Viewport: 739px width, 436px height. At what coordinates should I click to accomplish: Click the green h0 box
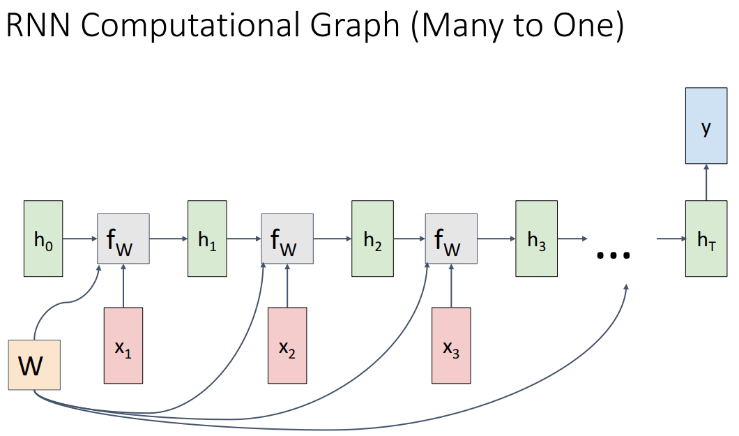[43, 239]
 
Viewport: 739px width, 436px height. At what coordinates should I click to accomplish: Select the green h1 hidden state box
[207, 239]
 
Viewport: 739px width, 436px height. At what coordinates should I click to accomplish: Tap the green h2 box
[372, 239]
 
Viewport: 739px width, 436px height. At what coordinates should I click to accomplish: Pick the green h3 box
[536, 239]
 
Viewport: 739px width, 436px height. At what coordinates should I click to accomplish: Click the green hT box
[706, 239]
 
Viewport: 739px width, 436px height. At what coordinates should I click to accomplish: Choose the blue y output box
[706, 126]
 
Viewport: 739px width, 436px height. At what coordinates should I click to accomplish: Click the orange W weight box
[34, 364]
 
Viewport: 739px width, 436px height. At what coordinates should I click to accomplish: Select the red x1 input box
[123, 345]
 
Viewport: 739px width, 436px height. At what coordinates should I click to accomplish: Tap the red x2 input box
[287, 345]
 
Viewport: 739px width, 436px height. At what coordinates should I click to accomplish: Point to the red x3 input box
[451, 345]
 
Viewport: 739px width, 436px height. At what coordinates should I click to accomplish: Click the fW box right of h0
[123, 239]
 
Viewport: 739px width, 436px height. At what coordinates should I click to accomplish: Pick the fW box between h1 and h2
[287, 239]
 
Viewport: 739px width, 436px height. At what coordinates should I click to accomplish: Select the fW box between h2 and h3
[451, 239]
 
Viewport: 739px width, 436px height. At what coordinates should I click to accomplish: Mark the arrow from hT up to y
[706, 182]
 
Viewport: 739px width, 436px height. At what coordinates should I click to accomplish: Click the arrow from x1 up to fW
[123, 285]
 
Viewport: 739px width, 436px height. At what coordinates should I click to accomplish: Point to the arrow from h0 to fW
[79, 239]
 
